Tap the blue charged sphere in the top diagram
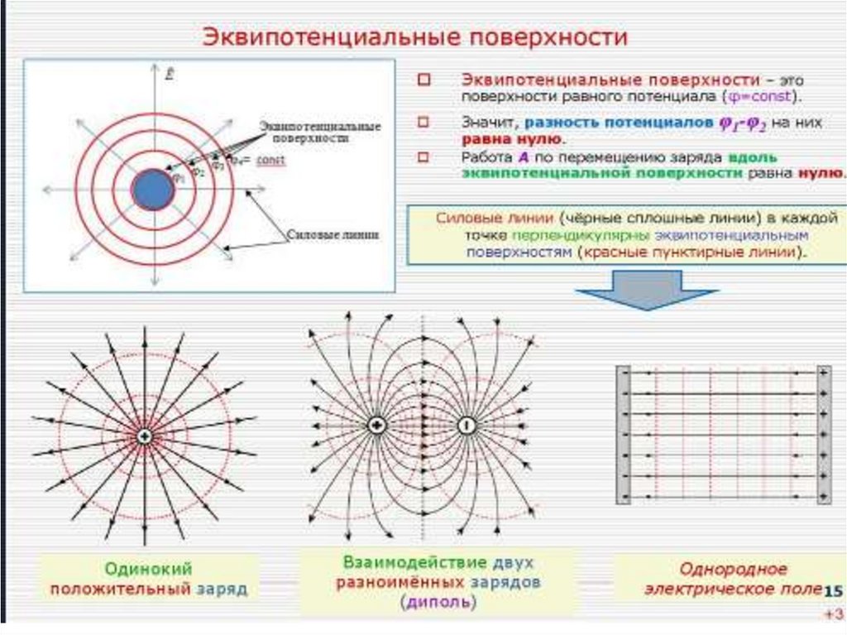(x=153, y=190)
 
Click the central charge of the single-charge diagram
(x=145, y=436)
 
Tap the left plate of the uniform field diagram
(x=624, y=434)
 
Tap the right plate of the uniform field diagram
(x=824, y=434)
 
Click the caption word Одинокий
(x=149, y=569)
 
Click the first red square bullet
(x=424, y=80)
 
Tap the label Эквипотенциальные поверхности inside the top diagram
(x=320, y=132)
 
